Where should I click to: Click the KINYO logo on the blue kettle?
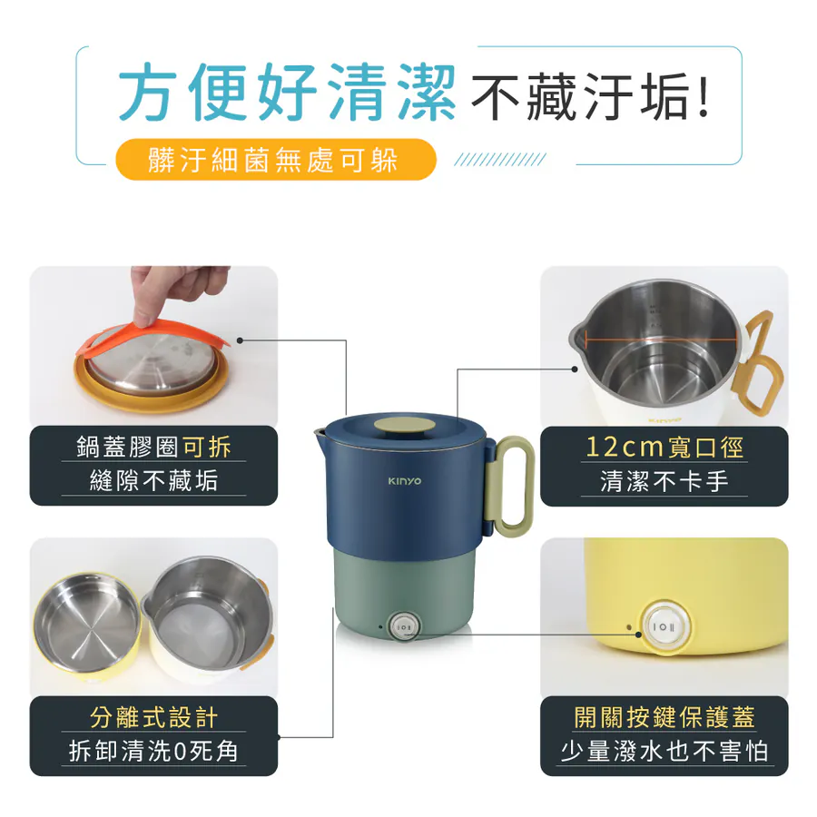tap(404, 481)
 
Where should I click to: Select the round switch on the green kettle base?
tap(404, 627)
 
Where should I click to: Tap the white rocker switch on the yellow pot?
tap(663, 626)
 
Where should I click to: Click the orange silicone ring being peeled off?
tap(151, 338)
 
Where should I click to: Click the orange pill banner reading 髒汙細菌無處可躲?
tap(275, 160)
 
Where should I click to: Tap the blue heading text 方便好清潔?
tap(288, 92)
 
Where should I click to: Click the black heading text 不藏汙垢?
tap(590, 96)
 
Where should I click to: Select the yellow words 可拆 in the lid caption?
tap(207, 447)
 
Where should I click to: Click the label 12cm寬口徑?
tap(664, 448)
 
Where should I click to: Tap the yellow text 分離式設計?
tap(153, 717)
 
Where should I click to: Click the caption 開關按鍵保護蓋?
tap(664, 717)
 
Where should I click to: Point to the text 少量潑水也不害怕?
tap(664, 752)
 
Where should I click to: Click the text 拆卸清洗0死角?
tap(153, 752)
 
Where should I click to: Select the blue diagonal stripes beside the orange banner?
tap(500, 160)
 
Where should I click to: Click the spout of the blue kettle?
tap(320, 436)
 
